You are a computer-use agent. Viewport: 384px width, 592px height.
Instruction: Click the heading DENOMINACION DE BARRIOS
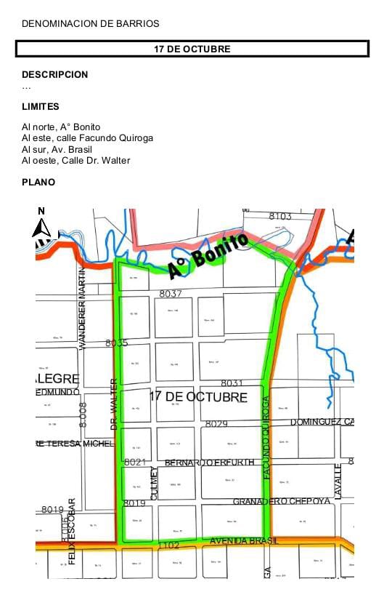(x=91, y=24)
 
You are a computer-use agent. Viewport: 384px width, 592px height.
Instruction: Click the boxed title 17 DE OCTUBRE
(x=192, y=49)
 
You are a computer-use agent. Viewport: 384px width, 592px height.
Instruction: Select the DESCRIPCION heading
(x=55, y=74)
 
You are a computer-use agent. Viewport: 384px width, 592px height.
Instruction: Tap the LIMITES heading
(x=41, y=107)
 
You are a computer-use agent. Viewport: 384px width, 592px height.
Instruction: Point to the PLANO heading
(x=38, y=183)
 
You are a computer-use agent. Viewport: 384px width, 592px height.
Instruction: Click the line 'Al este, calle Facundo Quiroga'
(x=87, y=138)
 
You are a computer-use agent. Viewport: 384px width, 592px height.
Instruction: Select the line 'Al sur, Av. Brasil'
(x=62, y=149)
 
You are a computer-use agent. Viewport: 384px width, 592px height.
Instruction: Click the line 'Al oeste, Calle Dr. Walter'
(x=76, y=161)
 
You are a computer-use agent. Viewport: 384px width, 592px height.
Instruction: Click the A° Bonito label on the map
(x=208, y=256)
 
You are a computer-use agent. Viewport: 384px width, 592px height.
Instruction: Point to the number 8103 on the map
(x=280, y=216)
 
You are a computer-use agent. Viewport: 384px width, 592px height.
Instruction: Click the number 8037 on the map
(x=171, y=294)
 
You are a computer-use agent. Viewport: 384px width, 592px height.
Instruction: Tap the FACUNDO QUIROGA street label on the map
(x=266, y=436)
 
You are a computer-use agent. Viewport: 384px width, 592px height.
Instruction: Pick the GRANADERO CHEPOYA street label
(x=282, y=502)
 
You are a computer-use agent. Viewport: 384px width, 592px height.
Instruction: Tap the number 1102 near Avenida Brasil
(x=169, y=544)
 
